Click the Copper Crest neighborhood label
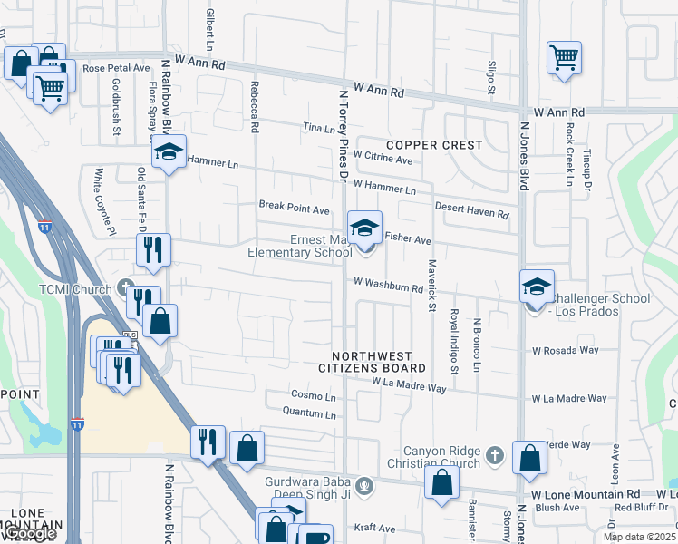pyautogui.click(x=434, y=145)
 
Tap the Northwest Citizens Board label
pyautogui.click(x=372, y=363)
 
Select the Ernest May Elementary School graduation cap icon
pyautogui.click(x=364, y=228)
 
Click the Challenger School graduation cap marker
pyautogui.click(x=537, y=287)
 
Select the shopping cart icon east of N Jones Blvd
pyautogui.click(x=564, y=58)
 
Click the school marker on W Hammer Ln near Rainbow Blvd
pyautogui.click(x=169, y=152)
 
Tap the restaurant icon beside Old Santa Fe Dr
pyautogui.click(x=153, y=248)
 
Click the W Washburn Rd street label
pyautogui.click(x=389, y=286)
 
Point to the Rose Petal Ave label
pyautogui.click(x=116, y=68)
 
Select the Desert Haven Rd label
pyautogui.click(x=471, y=210)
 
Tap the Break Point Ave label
pyautogui.click(x=295, y=209)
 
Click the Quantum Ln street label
pyautogui.click(x=310, y=414)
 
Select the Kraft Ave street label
pyautogui.click(x=375, y=528)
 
